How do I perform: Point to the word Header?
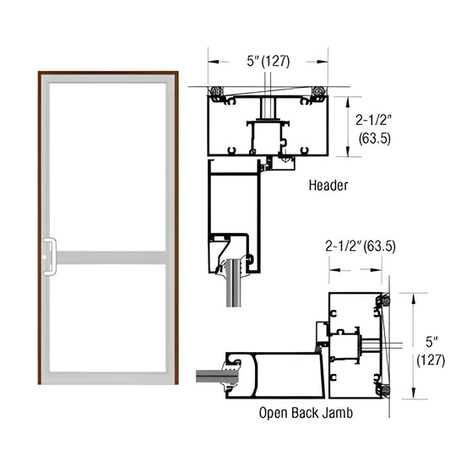point(328,183)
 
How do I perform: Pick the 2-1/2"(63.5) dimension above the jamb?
point(361,247)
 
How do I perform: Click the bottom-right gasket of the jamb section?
point(385,390)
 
